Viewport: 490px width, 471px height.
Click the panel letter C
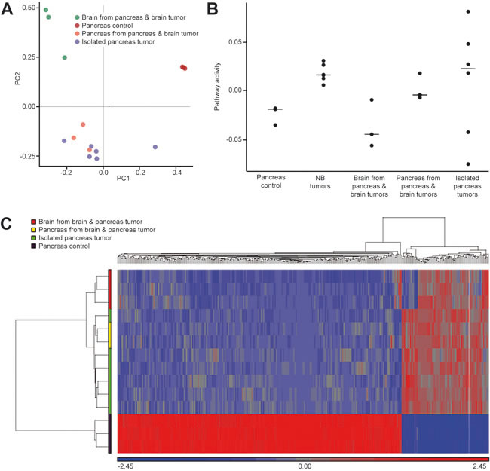tap(8, 223)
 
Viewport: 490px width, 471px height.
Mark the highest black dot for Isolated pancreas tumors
tap(468, 11)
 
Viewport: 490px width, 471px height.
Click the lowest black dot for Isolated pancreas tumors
tap(468, 164)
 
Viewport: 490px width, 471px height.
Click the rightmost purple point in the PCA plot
tap(155, 147)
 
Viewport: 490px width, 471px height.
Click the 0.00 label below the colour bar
tap(305, 466)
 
